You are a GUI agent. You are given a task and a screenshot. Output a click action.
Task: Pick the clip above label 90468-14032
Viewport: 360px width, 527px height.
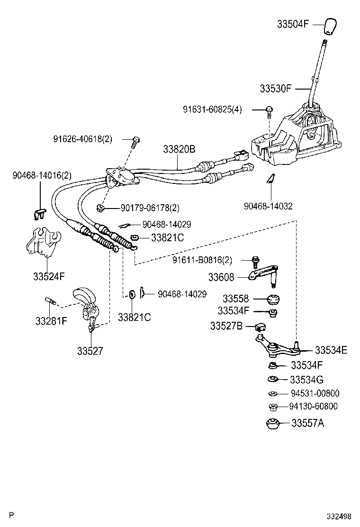click(x=270, y=178)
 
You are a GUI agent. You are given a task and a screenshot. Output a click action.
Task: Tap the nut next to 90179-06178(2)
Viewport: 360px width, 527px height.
click(x=100, y=208)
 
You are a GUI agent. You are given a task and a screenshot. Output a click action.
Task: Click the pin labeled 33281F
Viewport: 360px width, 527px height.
click(x=51, y=300)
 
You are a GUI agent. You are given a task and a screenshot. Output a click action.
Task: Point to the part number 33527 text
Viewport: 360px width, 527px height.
click(x=90, y=351)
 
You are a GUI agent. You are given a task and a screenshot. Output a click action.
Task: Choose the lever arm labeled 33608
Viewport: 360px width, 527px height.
click(x=263, y=275)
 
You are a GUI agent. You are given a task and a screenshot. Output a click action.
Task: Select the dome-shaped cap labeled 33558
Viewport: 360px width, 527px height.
click(x=273, y=300)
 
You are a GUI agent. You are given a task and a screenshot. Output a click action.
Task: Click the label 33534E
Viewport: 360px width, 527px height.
click(x=331, y=350)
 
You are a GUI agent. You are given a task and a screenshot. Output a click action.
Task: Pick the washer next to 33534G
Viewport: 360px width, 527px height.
click(x=273, y=380)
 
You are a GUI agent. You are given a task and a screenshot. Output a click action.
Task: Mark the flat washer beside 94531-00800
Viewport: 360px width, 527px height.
click(x=272, y=393)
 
